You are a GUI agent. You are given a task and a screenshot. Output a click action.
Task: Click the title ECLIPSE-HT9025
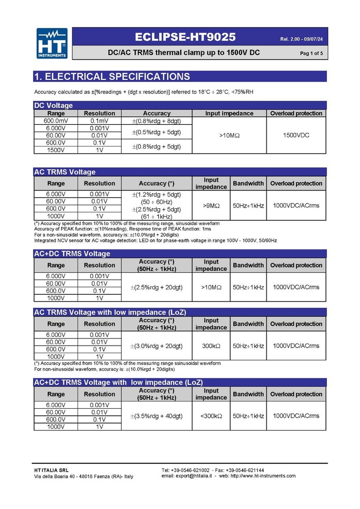(185, 37)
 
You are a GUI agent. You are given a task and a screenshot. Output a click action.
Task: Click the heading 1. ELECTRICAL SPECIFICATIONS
(112, 77)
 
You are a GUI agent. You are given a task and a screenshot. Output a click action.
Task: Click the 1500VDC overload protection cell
(296, 135)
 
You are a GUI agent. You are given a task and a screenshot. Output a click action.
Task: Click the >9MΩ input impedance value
(211, 206)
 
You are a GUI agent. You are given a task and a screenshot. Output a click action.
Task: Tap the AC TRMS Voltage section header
(65, 172)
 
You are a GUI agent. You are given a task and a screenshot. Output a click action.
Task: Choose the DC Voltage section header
(53, 105)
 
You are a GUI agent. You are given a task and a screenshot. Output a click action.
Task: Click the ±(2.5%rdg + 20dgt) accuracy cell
(157, 287)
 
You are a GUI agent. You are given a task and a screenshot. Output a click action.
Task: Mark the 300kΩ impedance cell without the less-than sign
(211, 346)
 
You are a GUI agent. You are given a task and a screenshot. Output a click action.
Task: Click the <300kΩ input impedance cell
(211, 416)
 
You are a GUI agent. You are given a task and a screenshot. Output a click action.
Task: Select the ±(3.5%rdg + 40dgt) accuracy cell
(157, 416)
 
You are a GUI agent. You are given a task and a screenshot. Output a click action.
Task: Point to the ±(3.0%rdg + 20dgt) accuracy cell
(157, 346)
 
